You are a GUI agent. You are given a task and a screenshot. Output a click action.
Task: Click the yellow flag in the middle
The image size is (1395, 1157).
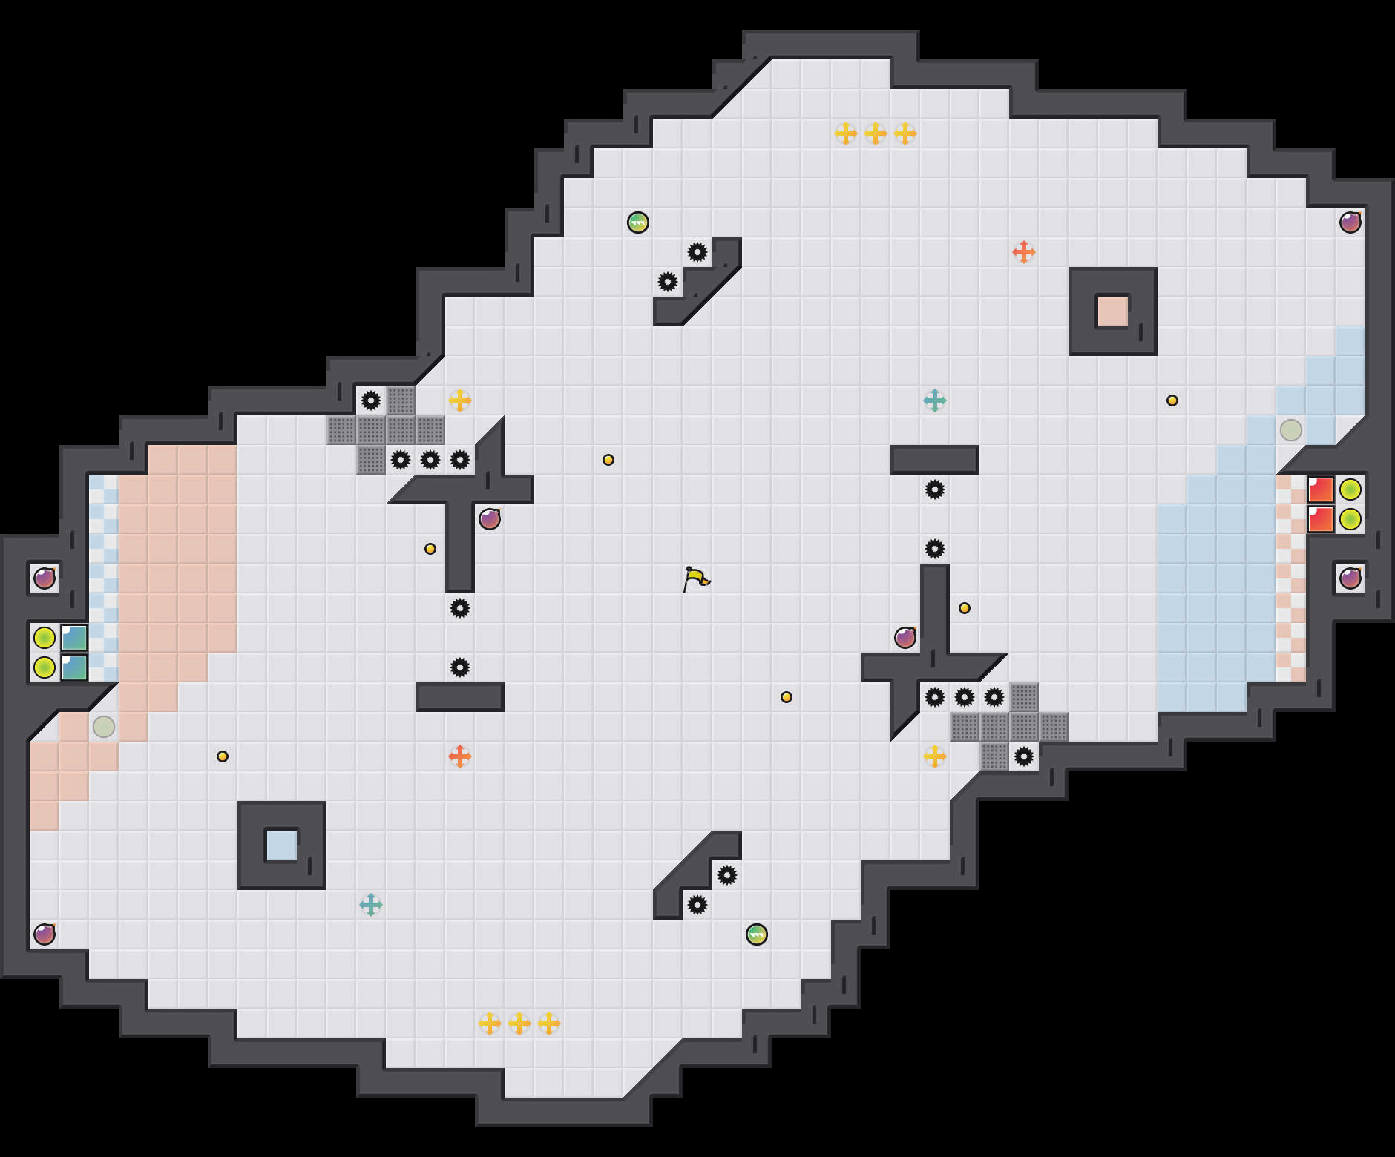(x=696, y=578)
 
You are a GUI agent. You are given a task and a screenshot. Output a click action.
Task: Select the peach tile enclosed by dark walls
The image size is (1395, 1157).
(x=1112, y=311)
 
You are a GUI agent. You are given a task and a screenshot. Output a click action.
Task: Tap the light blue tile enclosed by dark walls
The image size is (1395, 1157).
(x=281, y=845)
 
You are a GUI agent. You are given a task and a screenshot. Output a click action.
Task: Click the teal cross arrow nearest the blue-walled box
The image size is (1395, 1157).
(x=370, y=905)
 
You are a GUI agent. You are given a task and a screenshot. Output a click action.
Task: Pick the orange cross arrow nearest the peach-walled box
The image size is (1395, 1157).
(x=1023, y=252)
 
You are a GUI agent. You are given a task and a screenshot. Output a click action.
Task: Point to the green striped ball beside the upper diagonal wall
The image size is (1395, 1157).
(x=638, y=222)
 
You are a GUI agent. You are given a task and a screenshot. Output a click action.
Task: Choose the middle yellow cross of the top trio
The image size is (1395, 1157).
(x=876, y=133)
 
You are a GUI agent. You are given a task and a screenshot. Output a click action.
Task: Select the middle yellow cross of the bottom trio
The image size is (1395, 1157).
(x=519, y=1023)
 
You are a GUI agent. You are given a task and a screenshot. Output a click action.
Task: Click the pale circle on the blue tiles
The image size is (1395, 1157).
(x=1291, y=430)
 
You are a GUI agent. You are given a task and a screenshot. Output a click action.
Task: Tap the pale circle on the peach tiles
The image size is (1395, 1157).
(x=104, y=727)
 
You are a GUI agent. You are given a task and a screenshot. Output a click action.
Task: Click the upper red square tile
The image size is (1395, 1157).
(x=1321, y=489)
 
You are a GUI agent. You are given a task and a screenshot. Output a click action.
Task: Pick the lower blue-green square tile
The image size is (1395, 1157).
(x=74, y=667)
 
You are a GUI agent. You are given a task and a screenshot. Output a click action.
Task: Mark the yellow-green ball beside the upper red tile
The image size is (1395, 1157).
(x=1350, y=489)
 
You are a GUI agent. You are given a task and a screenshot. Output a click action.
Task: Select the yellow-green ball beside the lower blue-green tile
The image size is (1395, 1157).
(x=45, y=667)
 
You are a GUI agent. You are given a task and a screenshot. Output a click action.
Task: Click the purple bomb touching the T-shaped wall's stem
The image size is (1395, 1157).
(x=490, y=519)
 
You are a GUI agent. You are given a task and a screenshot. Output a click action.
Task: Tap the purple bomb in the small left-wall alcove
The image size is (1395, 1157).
(x=45, y=578)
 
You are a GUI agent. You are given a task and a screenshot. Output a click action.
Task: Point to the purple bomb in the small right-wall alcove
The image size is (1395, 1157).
(x=1350, y=578)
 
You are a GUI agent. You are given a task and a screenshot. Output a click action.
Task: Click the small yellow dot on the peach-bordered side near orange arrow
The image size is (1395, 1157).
(x=223, y=756)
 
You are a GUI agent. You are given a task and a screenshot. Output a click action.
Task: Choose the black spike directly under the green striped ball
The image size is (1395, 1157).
(x=668, y=282)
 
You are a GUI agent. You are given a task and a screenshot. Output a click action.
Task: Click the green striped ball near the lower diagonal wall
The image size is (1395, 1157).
(x=757, y=934)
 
